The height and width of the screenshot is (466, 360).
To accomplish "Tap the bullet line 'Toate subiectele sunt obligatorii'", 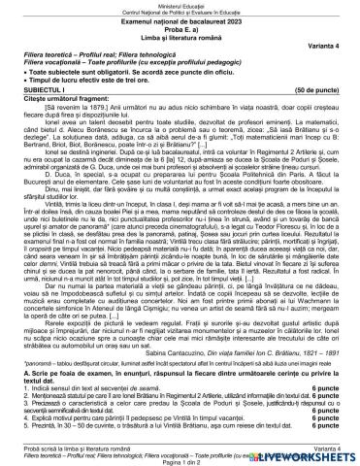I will pyautogui.click(x=116, y=73).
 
